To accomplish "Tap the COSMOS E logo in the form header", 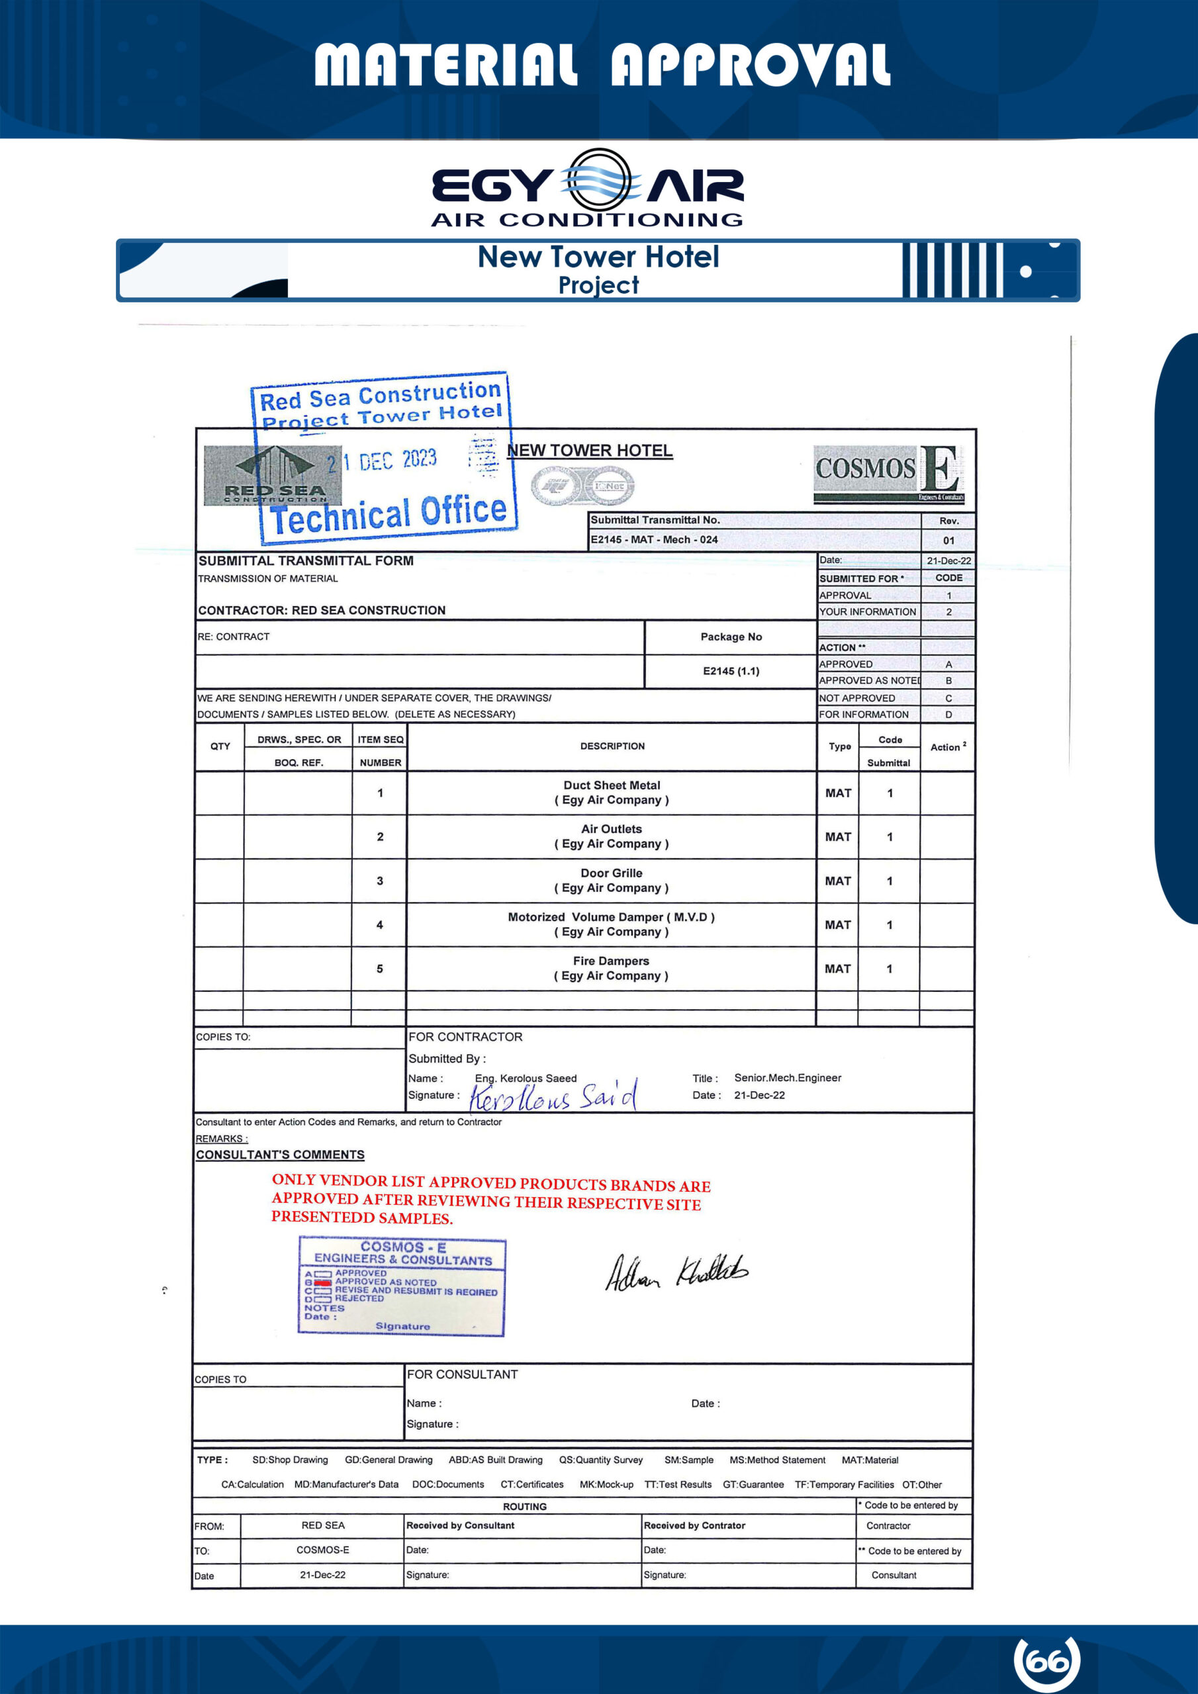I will pos(889,472).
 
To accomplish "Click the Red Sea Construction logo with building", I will pos(273,475).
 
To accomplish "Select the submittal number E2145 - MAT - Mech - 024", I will pos(654,539).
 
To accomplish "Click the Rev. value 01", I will pos(948,540).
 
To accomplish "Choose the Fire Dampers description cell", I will pos(611,968).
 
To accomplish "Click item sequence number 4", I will pos(379,924).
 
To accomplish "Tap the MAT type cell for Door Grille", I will pos(838,881).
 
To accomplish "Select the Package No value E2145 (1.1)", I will pos(731,671).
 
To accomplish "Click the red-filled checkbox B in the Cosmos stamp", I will pos(322,1282).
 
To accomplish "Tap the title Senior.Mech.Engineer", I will pos(788,1078).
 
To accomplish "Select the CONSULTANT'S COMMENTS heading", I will pos(280,1155).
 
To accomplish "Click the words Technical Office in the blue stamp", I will pos(389,514).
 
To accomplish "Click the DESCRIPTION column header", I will pos(612,746).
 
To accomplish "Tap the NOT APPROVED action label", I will pos(857,698).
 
